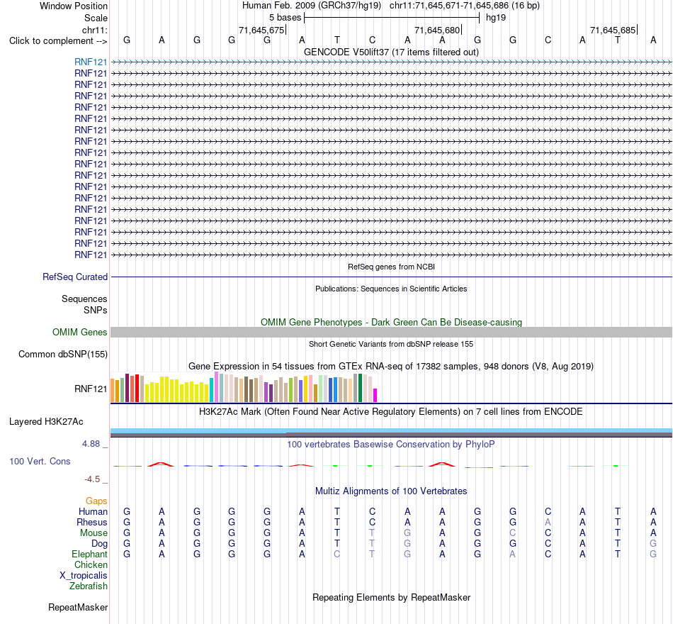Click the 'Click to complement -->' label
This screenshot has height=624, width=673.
tap(58, 41)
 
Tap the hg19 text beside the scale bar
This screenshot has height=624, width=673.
tap(496, 18)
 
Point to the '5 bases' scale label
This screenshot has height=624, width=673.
tap(285, 18)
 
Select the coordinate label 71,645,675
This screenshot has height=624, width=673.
tap(261, 30)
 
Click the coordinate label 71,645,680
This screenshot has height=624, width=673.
tap(437, 30)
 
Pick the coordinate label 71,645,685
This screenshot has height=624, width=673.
tap(613, 30)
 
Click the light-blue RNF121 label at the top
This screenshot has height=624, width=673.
tap(91, 62)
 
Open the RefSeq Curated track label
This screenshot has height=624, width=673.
tap(75, 277)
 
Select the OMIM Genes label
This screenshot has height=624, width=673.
tap(80, 332)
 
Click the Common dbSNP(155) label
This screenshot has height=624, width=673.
tap(63, 354)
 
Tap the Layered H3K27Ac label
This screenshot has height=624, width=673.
tap(46, 422)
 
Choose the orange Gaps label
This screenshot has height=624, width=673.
tap(96, 501)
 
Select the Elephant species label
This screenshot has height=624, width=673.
tap(90, 554)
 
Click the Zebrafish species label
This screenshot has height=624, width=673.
tap(89, 586)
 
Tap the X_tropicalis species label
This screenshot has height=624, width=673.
tap(84, 576)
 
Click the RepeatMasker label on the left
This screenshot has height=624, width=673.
tap(78, 607)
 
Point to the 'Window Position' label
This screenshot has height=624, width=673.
tap(74, 6)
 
